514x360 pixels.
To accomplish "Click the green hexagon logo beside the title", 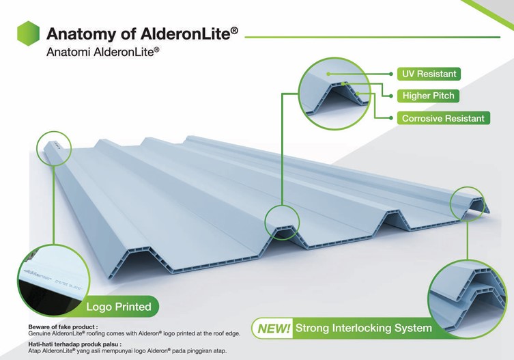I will [x=28, y=33].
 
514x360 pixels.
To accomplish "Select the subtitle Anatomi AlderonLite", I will [x=102, y=52].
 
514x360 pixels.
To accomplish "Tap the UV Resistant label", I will [x=428, y=73].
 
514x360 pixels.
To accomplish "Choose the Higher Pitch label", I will [x=428, y=96].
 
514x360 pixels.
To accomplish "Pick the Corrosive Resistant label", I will [x=443, y=118].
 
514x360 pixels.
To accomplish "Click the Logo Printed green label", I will [x=119, y=307].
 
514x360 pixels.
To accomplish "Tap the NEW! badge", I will [x=274, y=329].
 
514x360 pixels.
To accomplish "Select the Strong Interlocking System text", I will [x=363, y=329].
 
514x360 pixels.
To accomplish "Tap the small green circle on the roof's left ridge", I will [x=53, y=149].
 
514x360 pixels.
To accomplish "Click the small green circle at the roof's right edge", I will [x=470, y=204].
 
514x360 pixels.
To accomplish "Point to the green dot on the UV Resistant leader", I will [x=328, y=73].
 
